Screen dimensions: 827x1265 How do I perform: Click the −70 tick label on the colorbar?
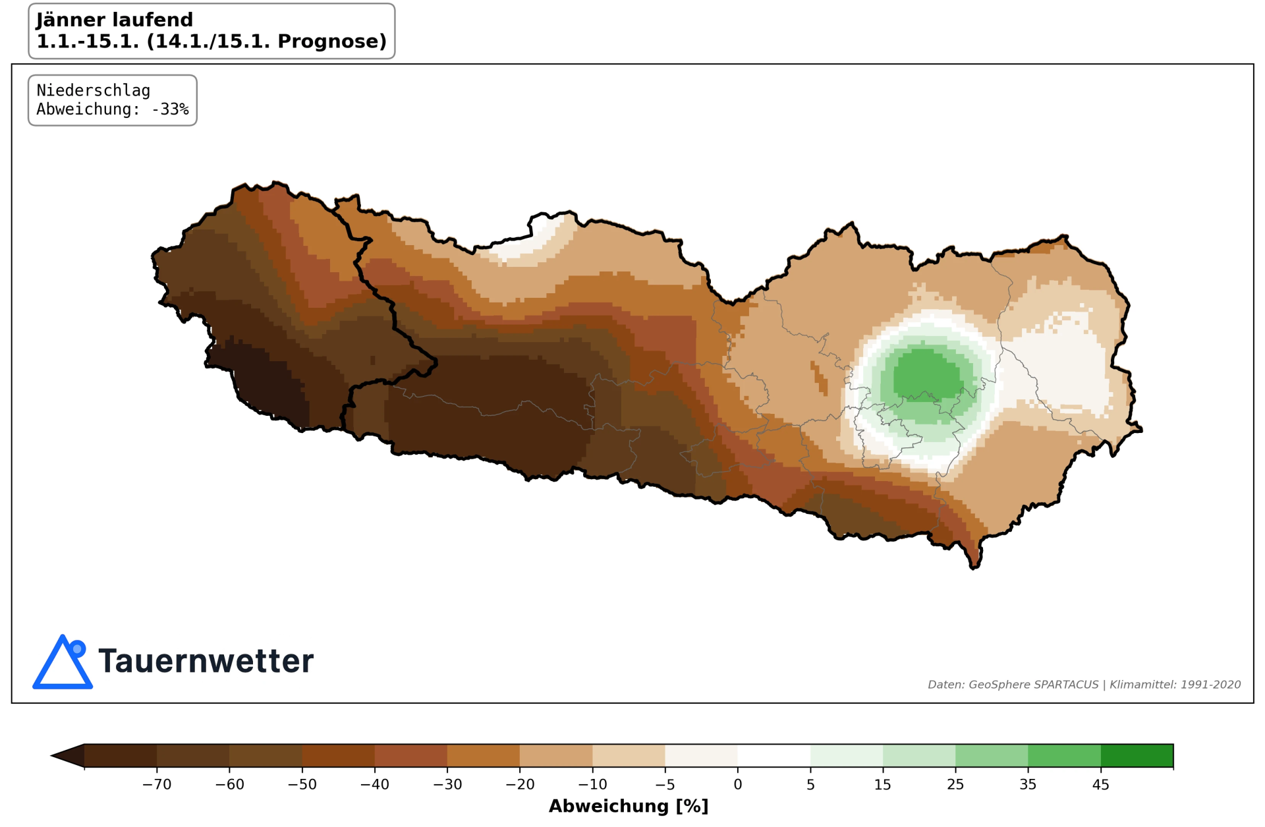pyautogui.click(x=157, y=784)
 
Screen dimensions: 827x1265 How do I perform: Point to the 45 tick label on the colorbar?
pyautogui.click(x=1100, y=784)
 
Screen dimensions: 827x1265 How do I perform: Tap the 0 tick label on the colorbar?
pyautogui.click(x=737, y=784)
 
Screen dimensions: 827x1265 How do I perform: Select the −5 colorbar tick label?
pyautogui.click(x=665, y=784)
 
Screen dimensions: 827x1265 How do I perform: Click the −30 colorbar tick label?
pyautogui.click(x=447, y=784)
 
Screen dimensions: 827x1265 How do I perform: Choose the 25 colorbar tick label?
pyautogui.click(x=955, y=784)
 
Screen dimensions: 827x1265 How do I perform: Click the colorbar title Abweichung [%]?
pyautogui.click(x=628, y=806)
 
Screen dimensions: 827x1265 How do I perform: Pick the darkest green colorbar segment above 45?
pyautogui.click(x=1137, y=756)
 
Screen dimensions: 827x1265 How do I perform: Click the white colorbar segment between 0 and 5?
pyautogui.click(x=773, y=756)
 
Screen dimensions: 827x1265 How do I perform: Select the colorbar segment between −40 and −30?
pyautogui.click(x=410, y=756)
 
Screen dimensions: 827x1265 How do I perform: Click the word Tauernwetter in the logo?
pyautogui.click(x=206, y=661)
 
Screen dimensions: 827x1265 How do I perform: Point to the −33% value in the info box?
pyautogui.click(x=170, y=109)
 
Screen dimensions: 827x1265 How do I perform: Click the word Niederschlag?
pyautogui.click(x=93, y=90)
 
